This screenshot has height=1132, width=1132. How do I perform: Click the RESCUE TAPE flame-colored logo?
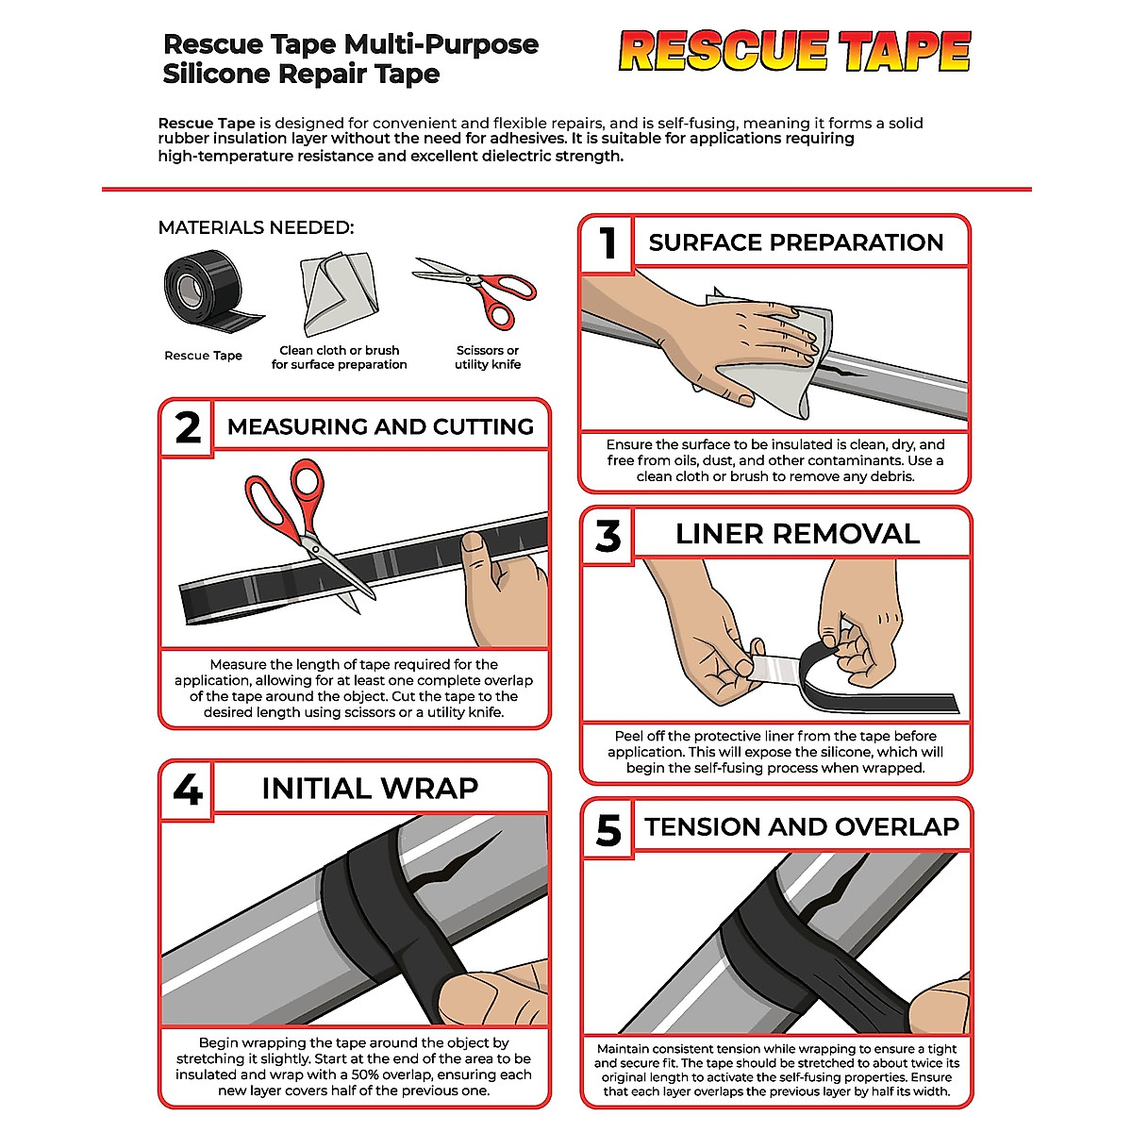click(794, 52)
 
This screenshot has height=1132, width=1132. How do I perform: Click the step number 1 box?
click(608, 243)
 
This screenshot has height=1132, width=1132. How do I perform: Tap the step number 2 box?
click(188, 427)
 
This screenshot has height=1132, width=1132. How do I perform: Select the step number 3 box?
click(608, 536)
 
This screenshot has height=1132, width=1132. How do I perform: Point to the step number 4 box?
click(188, 789)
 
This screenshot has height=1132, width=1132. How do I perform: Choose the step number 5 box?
click(608, 829)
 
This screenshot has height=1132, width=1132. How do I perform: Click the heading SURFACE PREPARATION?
click(795, 242)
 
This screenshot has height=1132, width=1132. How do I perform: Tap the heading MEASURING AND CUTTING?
click(380, 426)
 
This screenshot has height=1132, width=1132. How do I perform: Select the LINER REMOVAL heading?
click(797, 534)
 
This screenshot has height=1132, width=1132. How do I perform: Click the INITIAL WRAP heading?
click(370, 788)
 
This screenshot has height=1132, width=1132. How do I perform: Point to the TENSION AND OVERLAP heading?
click(801, 827)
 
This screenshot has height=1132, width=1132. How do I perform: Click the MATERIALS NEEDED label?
click(256, 227)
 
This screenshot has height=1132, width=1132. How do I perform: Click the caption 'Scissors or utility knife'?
click(487, 358)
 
